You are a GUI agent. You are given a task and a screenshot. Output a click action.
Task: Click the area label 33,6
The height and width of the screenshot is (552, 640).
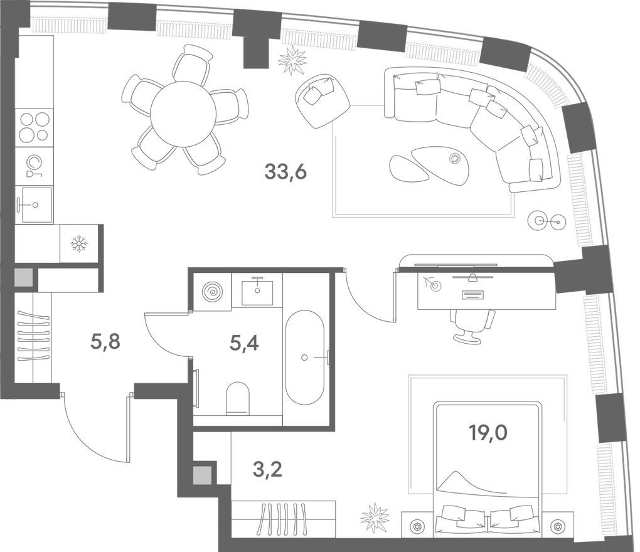(285, 172)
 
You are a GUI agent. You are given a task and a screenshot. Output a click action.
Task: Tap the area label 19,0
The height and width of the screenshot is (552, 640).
(488, 433)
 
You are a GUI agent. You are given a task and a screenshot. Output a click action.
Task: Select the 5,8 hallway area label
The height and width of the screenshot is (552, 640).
(105, 342)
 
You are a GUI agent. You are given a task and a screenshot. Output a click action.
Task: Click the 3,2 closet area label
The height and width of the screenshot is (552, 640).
(267, 470)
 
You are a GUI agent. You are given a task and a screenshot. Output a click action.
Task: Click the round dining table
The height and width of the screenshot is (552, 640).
(183, 114)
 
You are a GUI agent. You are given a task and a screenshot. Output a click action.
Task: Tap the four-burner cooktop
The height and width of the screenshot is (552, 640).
(35, 127)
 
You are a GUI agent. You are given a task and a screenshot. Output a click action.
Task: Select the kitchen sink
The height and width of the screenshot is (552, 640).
(36, 205)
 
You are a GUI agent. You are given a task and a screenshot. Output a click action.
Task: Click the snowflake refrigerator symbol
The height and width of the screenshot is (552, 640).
(79, 243)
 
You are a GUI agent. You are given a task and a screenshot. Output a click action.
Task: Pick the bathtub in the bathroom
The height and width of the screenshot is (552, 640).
(305, 358)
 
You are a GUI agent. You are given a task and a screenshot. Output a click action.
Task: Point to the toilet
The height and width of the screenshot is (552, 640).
(238, 398)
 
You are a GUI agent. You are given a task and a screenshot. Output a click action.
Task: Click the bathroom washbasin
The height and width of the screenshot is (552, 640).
(257, 290)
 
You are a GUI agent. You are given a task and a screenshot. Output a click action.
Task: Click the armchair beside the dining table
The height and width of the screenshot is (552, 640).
(323, 100)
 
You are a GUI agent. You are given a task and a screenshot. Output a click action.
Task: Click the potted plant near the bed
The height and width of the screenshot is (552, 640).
(375, 517)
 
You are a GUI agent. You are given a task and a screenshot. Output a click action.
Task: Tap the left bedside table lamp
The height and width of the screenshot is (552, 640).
(417, 526)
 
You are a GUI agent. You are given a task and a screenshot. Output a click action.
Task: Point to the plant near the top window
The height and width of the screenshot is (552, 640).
(292, 60)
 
